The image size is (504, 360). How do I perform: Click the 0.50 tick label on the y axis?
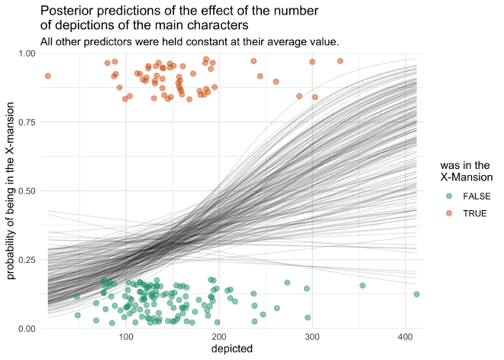tap(27, 190)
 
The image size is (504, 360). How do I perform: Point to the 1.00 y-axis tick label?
tap(27, 53)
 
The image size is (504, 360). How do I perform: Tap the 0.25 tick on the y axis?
tap(27, 260)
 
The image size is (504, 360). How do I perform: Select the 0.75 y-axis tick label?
tap(27, 122)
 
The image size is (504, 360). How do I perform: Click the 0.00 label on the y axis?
tap(27, 329)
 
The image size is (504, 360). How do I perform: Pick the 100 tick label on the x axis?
tap(125, 337)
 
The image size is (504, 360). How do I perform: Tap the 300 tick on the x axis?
tap(312, 337)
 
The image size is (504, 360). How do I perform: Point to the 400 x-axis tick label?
tap(405, 337)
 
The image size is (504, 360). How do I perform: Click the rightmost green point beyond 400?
tap(417, 294)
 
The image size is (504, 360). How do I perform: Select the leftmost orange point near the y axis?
tap(47, 76)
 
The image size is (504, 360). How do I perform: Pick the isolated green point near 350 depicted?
tap(363, 285)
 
